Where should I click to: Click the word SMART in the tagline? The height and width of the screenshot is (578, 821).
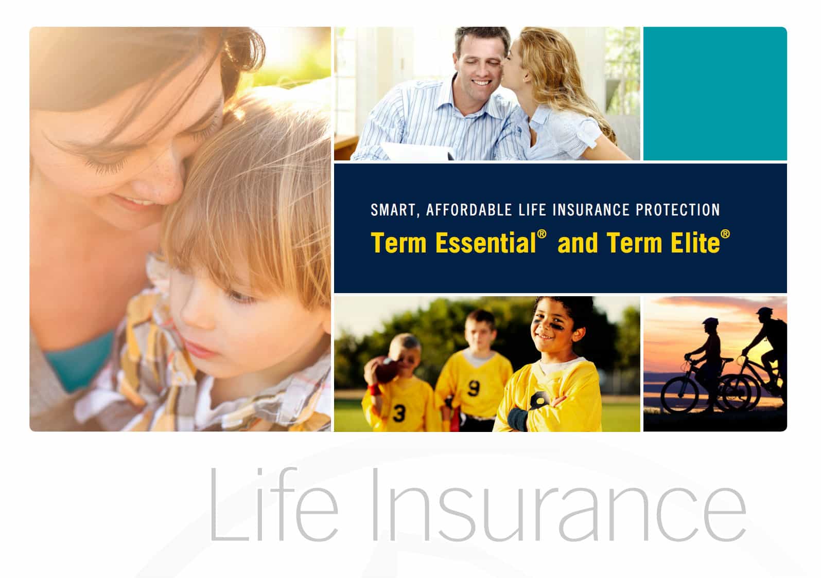coord(393,210)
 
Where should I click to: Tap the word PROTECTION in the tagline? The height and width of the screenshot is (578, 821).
coord(678,210)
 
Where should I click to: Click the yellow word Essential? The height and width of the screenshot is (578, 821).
coord(485,243)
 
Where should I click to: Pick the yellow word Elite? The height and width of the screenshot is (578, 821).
coord(695,243)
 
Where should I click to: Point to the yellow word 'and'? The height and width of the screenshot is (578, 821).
coord(578,243)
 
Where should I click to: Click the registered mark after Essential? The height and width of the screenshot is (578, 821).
coord(541,234)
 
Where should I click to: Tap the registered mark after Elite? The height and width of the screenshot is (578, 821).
coord(725,234)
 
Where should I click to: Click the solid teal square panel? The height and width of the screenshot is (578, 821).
coord(715,94)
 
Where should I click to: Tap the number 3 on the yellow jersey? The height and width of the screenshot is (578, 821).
coord(399,413)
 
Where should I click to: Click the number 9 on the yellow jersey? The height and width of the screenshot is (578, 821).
coord(474,388)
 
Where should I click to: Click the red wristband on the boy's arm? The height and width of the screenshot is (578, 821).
coord(374,389)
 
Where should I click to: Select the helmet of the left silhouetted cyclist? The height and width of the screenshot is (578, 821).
coord(710,322)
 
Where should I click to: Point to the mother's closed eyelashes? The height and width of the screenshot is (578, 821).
coord(106,164)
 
